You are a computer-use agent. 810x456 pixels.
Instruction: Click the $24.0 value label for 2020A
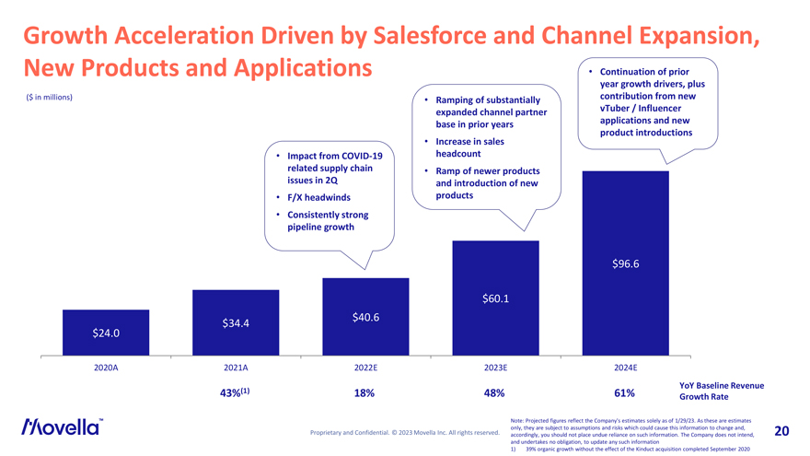106,333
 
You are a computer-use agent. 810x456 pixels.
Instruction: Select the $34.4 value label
237,322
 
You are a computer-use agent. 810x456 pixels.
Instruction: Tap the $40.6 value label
366,318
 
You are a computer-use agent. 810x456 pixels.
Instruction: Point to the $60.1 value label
495,298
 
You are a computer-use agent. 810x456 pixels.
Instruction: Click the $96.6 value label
625,264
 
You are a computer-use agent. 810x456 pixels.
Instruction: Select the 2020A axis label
106,368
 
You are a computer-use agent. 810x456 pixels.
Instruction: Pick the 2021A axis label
237,368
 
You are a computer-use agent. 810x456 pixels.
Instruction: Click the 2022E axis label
366,368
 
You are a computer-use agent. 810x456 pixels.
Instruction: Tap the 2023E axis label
495,368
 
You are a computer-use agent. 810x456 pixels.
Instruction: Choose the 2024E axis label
625,368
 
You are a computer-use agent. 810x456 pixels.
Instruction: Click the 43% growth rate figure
234,393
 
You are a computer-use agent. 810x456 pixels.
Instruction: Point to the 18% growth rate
364,393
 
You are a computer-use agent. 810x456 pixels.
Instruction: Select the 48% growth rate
494,393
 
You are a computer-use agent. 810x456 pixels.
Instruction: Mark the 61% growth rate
624,393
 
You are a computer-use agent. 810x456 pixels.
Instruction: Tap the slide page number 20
782,431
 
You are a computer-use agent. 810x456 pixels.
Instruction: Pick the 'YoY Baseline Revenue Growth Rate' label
721,392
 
